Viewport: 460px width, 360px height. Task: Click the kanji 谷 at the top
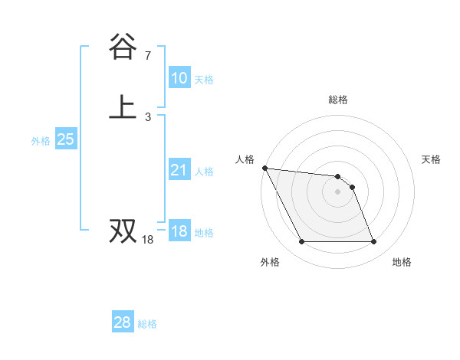123,47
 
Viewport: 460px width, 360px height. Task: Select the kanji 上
123,107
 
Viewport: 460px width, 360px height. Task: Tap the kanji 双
123,231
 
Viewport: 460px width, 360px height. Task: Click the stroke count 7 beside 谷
148,56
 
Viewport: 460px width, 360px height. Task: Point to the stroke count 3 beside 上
148,117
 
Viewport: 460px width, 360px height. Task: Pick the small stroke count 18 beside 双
148,241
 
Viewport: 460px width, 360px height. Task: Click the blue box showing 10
179,78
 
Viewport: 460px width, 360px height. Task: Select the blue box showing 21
179,170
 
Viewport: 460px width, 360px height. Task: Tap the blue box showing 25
65,139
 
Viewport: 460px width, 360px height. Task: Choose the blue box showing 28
122,322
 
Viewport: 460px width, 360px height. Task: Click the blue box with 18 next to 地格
179,231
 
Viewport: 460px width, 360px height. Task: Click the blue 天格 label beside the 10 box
204,80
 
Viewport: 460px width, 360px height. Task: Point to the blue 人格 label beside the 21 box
204,172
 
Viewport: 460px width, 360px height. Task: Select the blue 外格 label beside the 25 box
41,141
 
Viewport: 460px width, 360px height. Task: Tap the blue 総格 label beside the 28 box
147,324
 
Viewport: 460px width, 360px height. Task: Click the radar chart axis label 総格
338,100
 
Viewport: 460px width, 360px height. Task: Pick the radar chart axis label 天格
432,159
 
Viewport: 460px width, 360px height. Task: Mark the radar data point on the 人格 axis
264,168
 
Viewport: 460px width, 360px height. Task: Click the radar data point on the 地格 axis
373,242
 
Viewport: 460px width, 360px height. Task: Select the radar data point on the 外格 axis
301,242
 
